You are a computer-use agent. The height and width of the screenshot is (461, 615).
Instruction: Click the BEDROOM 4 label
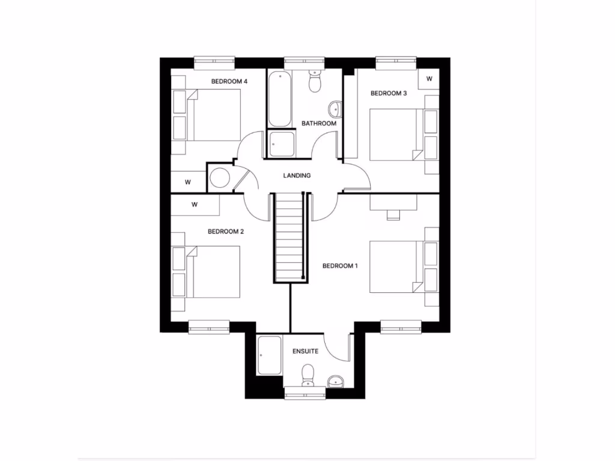pos(229,81)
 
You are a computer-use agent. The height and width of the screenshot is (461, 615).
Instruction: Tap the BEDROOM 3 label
pos(389,93)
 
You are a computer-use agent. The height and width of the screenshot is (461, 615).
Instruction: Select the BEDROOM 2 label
pos(225,231)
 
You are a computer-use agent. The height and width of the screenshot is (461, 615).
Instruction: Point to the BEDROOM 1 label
pos(340,266)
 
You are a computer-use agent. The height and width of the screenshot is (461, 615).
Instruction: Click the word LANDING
pos(297,176)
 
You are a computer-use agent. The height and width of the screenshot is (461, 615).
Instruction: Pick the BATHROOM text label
pos(319,124)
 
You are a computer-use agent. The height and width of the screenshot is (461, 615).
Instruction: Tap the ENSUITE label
pos(305,351)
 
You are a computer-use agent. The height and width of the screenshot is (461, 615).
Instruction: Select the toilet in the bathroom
pos(315,81)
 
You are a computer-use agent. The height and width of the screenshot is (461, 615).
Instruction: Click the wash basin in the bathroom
pos(335,109)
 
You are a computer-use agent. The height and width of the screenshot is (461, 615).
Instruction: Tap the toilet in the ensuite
pos(309,375)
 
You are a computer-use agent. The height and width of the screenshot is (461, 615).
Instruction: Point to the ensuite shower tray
pos(269,355)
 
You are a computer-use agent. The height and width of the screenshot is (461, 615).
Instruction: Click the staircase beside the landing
pos(289,237)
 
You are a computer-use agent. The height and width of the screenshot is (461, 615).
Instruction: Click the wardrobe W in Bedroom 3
pos(429,79)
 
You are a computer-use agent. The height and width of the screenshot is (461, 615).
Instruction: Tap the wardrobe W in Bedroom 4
pos(188,182)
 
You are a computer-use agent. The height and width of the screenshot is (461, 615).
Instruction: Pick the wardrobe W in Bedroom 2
pos(195,205)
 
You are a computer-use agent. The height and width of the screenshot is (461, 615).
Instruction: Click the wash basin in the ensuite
pos(337,381)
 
